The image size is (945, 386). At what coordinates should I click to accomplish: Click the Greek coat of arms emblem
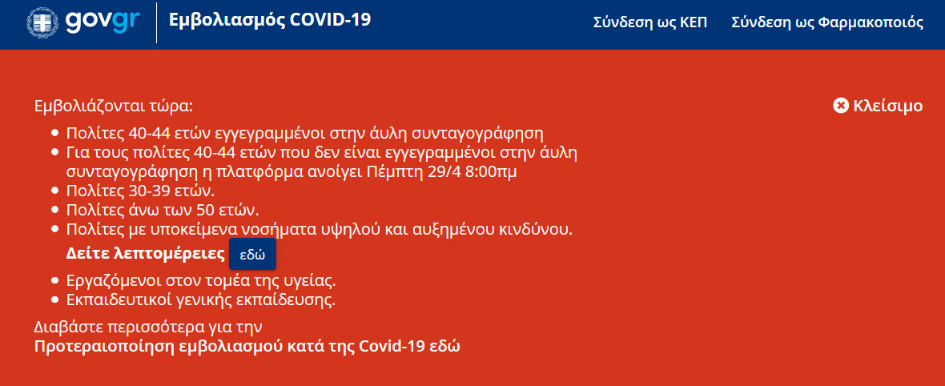[x=42, y=23]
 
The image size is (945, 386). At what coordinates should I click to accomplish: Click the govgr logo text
[x=103, y=22]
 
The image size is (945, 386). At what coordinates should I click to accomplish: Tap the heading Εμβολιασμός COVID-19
[x=270, y=20]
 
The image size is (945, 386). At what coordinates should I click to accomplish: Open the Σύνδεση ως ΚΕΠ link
[x=650, y=23]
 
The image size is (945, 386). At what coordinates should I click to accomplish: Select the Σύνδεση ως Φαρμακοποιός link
[x=827, y=23]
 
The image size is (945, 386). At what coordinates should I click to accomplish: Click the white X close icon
[x=841, y=106]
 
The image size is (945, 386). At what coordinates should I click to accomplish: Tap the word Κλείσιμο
[x=888, y=106]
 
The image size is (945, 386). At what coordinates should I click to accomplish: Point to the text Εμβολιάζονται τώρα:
[x=114, y=107]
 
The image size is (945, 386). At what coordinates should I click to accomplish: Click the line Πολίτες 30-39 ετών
[x=140, y=191]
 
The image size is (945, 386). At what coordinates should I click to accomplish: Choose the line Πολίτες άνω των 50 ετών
[x=163, y=211]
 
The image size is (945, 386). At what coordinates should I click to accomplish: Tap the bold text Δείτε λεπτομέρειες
[x=145, y=254]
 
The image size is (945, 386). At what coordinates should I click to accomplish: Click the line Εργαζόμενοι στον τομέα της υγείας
[x=201, y=281]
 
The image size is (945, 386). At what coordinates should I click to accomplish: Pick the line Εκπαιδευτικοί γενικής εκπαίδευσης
[x=201, y=300]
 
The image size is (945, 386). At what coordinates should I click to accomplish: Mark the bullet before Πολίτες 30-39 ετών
[x=55, y=191]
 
